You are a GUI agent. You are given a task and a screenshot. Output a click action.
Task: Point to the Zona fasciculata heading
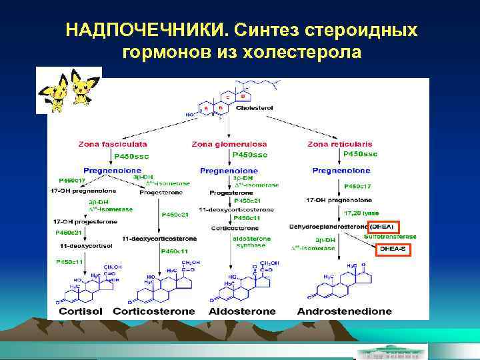(113, 143)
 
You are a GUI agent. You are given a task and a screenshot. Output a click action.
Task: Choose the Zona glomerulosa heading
(229, 143)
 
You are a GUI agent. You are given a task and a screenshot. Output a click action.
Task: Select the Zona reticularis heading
(340, 143)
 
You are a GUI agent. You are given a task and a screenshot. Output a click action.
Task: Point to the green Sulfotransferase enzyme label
(391, 237)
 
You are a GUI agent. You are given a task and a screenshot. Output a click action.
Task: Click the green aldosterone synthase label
(251, 241)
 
